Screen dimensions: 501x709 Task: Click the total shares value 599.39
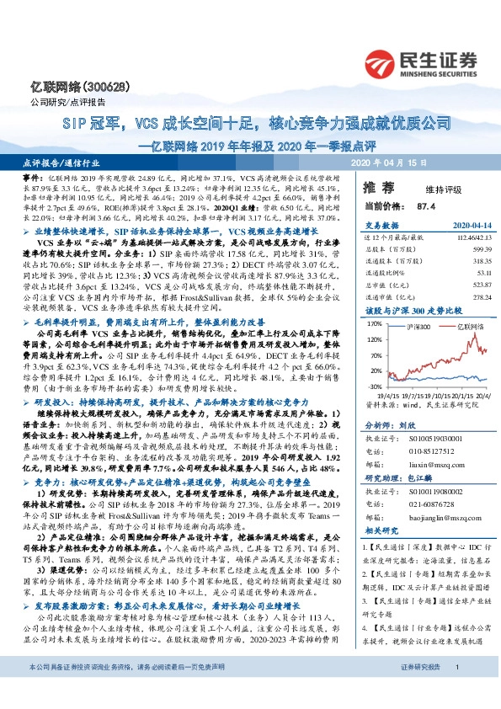coord(477,250)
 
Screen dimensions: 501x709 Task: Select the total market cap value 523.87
coord(477,285)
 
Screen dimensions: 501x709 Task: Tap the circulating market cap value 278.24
coord(477,296)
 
